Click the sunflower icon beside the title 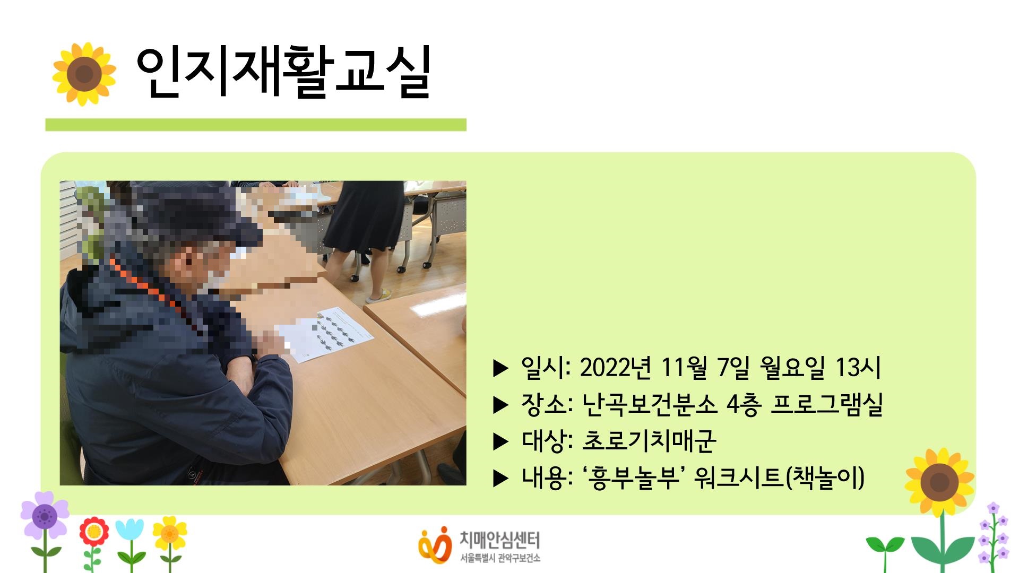(x=84, y=74)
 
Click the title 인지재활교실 (x=282, y=74)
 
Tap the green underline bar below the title (x=255, y=125)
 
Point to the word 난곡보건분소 (x=649, y=405)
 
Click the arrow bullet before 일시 (x=500, y=368)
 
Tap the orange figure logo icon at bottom (x=435, y=544)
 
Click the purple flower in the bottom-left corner (x=45, y=515)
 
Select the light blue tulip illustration (x=129, y=531)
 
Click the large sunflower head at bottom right (x=939, y=482)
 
